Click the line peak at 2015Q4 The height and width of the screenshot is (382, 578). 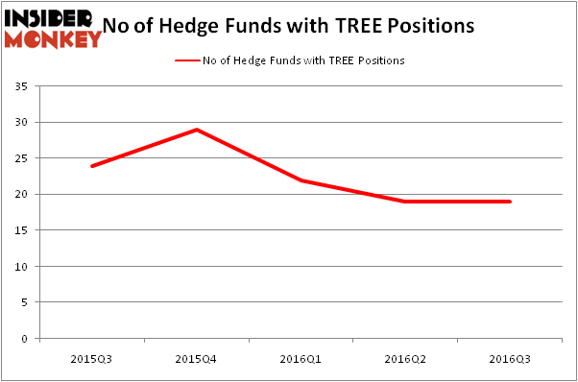(x=196, y=130)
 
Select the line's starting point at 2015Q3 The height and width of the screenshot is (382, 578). (x=92, y=166)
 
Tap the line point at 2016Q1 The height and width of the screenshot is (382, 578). (x=301, y=180)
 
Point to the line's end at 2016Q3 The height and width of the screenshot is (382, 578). (x=510, y=202)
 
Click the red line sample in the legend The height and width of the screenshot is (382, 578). (x=186, y=60)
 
